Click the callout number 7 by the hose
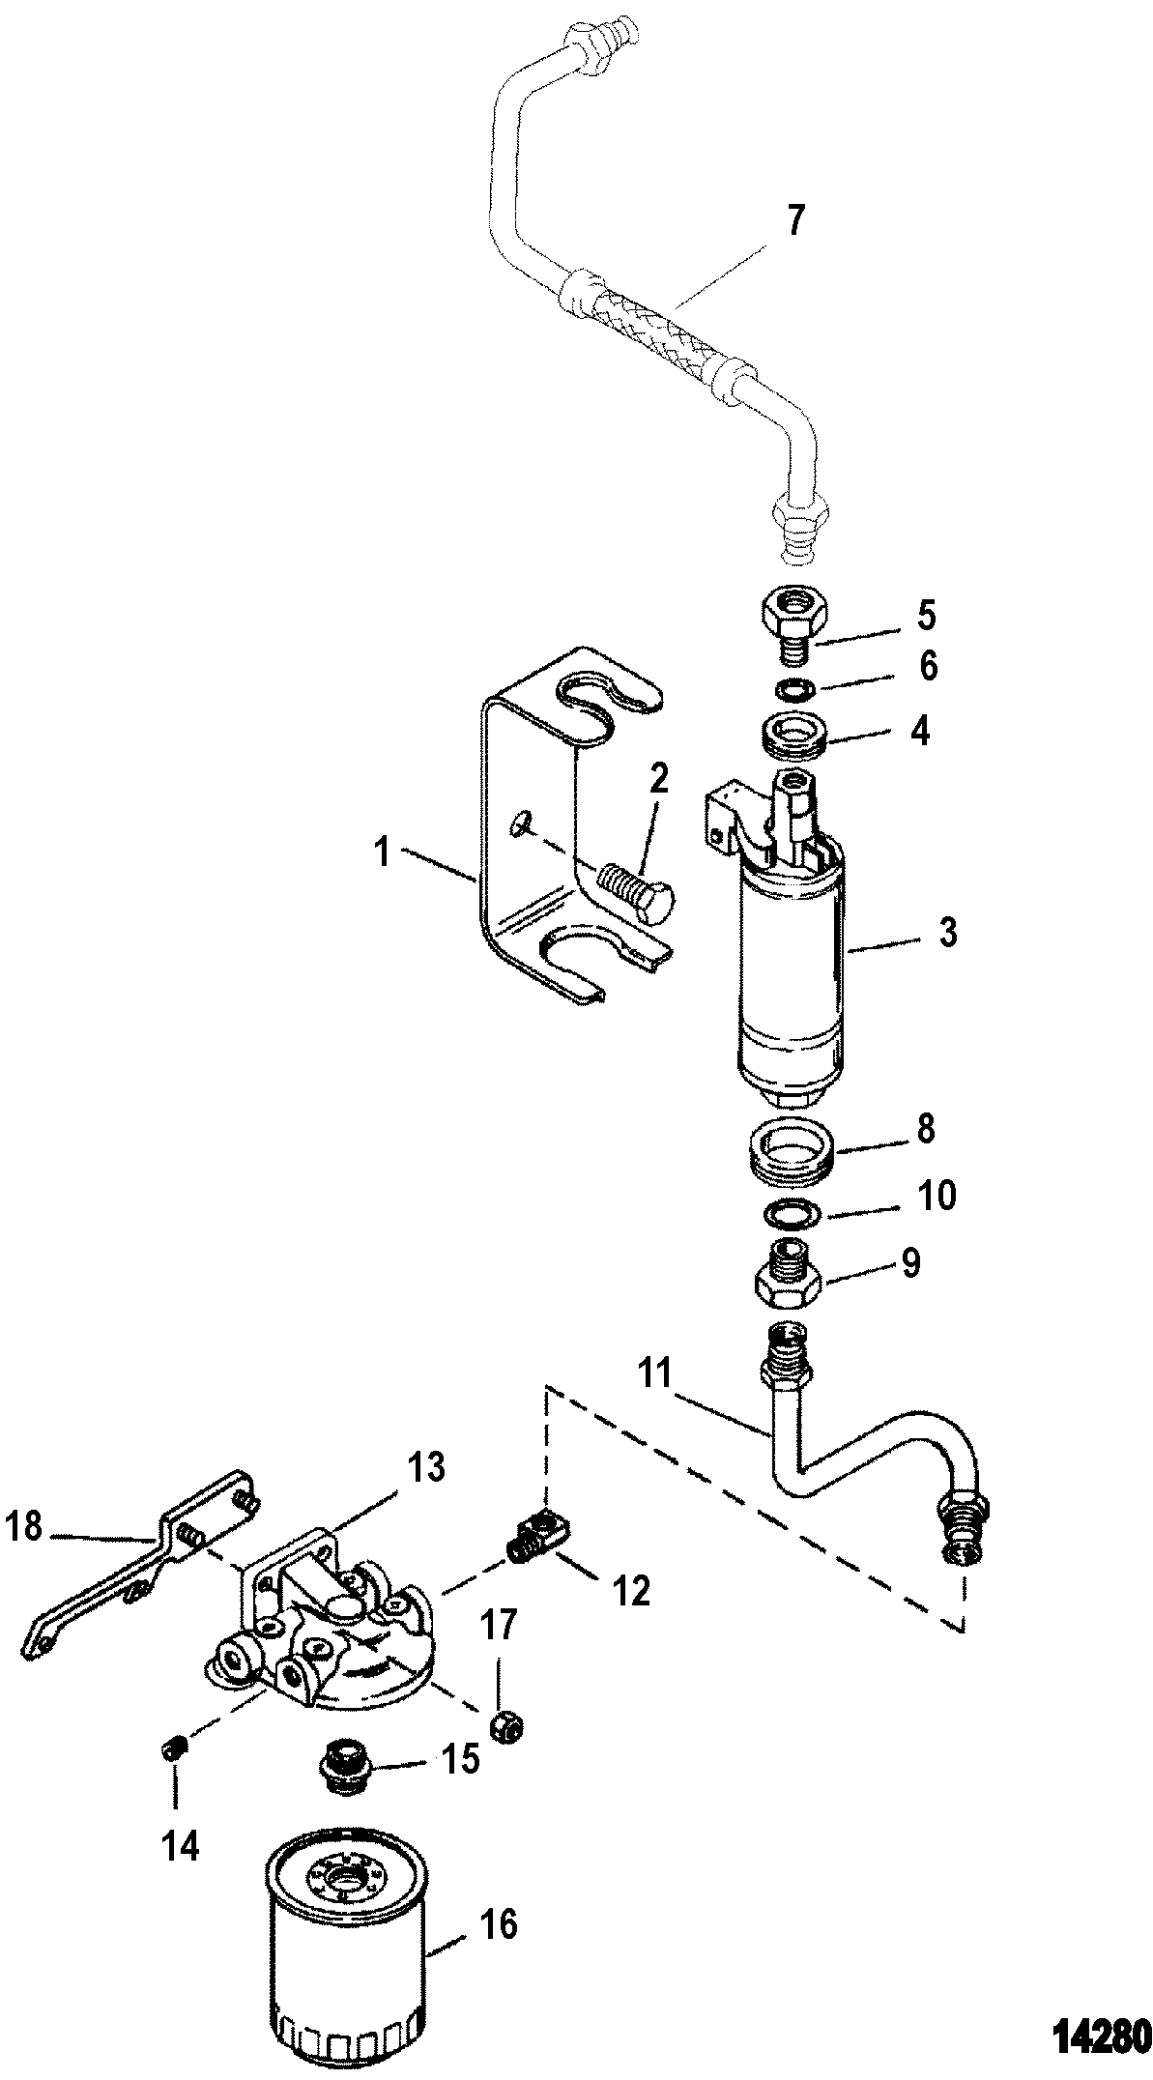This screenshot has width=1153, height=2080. click(x=793, y=221)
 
